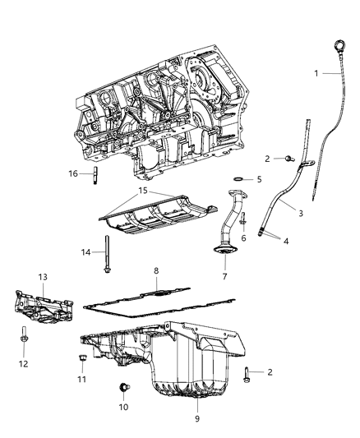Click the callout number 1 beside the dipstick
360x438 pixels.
tap(316, 73)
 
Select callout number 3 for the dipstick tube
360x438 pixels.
tap(301, 214)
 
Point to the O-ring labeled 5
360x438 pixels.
tap(238, 179)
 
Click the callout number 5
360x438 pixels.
tap(259, 179)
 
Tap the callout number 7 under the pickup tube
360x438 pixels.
tap(225, 277)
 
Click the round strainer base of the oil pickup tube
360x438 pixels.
tap(225, 250)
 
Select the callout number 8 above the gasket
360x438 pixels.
tap(156, 270)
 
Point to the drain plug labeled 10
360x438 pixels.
tap(124, 387)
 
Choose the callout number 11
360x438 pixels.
tap(81, 379)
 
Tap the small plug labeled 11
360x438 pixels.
tap(82, 357)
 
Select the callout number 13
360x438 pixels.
tap(43, 277)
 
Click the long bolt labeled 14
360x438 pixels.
tap(107, 254)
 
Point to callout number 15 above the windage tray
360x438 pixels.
tap(143, 191)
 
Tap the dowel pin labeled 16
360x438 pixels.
tap(95, 175)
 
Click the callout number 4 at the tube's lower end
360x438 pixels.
tap(286, 241)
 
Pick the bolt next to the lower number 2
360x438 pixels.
tap(247, 375)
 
